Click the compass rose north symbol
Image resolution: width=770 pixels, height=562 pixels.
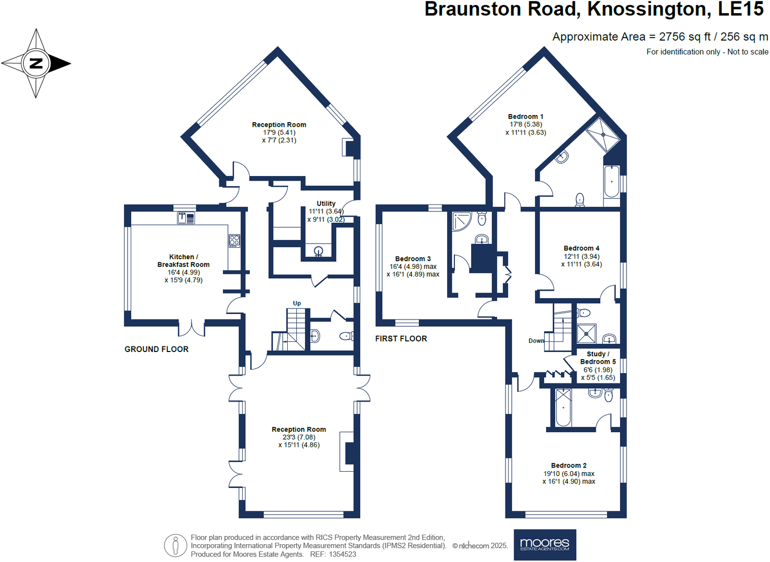tap(36, 63)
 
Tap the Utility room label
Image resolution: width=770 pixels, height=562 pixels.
tap(326, 203)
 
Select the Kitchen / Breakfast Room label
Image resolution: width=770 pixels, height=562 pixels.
tap(183, 261)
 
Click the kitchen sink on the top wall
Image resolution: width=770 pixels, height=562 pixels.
tap(186, 218)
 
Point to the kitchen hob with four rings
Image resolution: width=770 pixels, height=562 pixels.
tap(234, 240)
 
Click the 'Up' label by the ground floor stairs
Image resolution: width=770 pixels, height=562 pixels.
tap(297, 303)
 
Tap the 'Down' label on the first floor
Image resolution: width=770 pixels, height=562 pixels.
tap(536, 341)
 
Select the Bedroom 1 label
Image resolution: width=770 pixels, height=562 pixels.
tap(525, 117)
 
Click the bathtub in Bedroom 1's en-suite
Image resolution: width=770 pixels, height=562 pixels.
tap(611, 181)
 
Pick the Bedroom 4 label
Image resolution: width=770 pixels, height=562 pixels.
tap(582, 248)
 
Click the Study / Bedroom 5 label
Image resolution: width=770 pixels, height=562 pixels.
tap(598, 358)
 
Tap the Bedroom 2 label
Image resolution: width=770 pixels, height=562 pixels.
tap(569, 465)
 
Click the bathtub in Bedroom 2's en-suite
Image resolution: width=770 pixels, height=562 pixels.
tap(563, 407)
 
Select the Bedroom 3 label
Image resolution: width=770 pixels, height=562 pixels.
tap(413, 259)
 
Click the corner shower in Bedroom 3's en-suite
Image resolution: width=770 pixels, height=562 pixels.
tap(461, 221)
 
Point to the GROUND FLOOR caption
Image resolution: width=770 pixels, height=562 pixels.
tap(157, 349)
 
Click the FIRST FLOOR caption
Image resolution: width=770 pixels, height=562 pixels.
tap(401, 338)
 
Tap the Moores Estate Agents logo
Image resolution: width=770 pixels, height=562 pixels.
tap(545, 545)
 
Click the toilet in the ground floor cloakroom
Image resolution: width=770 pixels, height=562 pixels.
tap(346, 336)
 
